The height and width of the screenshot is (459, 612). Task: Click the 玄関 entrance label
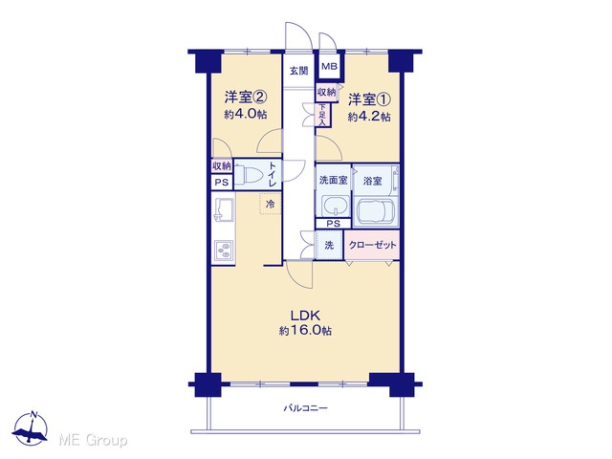coord(298,71)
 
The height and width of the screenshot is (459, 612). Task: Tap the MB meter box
coord(329,66)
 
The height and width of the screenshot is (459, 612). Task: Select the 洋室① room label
coord(369,99)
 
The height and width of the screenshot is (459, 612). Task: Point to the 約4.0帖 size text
coord(246,115)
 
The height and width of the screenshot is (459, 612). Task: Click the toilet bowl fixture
coord(249,174)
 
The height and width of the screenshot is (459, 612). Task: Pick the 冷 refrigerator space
coord(270,204)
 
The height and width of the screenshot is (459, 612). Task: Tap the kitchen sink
coord(223,208)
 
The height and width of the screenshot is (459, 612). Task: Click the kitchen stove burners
coord(224,251)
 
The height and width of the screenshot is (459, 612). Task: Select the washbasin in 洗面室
coord(336,205)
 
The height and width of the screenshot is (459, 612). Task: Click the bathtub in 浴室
coord(375,212)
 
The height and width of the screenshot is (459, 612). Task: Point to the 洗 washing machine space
coord(329,245)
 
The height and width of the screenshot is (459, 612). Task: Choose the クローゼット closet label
coord(372,245)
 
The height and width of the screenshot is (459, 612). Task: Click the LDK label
coord(306,315)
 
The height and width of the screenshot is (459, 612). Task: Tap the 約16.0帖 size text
coord(306,331)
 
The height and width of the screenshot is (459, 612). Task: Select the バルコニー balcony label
coord(305,408)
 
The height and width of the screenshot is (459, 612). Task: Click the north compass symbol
coord(30,428)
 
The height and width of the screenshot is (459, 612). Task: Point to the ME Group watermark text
coord(93,440)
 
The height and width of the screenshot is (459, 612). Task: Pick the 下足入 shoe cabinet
coord(322,115)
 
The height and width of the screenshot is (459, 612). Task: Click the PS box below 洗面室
coord(333,224)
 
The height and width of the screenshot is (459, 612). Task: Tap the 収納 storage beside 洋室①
coord(327,93)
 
